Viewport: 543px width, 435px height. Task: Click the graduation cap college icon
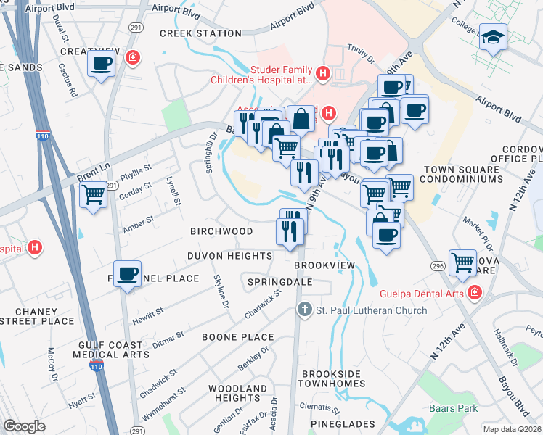coord(492,36)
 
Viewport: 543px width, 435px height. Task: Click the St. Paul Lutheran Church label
coord(371,310)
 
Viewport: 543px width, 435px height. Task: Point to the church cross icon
coord(305,310)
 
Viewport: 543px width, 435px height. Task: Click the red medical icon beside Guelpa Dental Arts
coord(474,293)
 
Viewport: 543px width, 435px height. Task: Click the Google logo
coord(24,426)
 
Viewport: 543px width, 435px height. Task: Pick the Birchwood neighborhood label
coord(221,231)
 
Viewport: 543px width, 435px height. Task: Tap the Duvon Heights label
coord(229,255)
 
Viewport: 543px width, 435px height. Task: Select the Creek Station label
coord(200,33)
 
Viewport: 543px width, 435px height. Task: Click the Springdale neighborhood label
coord(279,281)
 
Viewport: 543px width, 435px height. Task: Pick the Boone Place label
coord(237,337)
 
